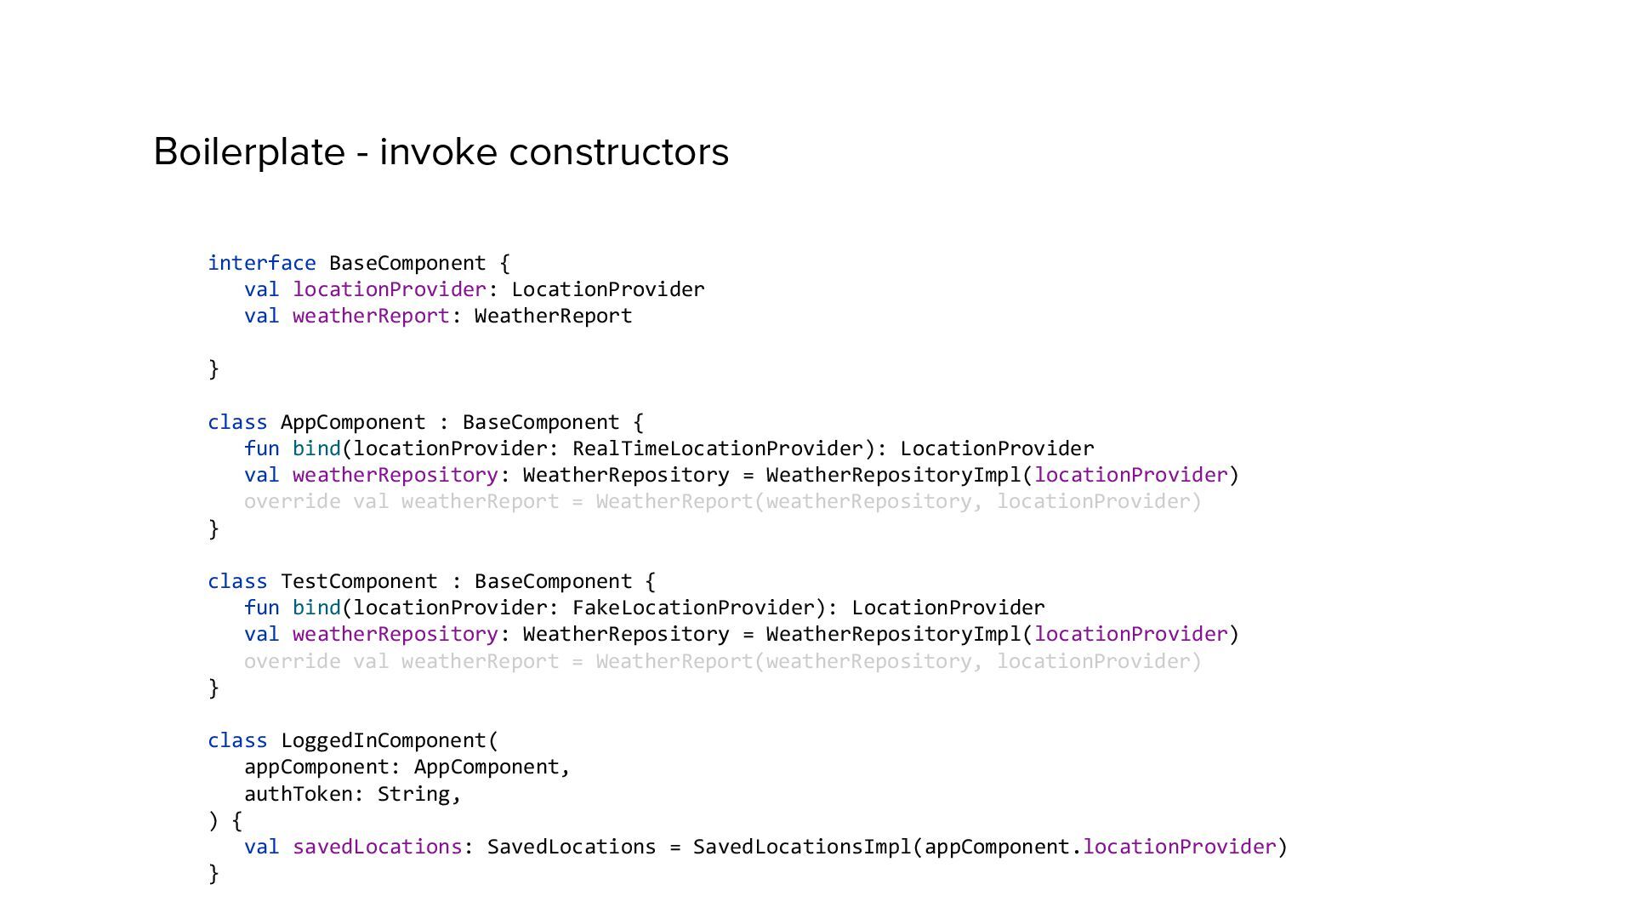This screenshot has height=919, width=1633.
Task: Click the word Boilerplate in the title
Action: pyautogui.click(x=248, y=152)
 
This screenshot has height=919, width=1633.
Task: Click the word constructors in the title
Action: pyautogui.click(x=618, y=152)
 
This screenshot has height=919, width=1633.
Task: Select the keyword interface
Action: pyautogui.click(x=262, y=263)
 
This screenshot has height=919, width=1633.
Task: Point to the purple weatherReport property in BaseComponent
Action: pyautogui.click(x=371, y=316)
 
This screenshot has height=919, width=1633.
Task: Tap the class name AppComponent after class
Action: pyautogui.click(x=353, y=422)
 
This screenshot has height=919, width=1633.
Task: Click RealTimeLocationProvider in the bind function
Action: pyautogui.click(x=718, y=448)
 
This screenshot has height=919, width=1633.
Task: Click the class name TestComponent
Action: pyautogui.click(x=359, y=581)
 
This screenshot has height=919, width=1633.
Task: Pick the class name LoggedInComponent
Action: pyautogui.click(x=384, y=740)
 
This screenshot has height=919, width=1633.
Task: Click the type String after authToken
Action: pyautogui.click(x=413, y=794)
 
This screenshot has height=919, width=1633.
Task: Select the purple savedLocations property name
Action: pyautogui.click(x=377, y=847)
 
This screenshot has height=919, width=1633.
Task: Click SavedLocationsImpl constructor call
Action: pyautogui.click(x=802, y=847)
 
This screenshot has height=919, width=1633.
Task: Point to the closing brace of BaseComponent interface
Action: pyautogui.click(x=213, y=368)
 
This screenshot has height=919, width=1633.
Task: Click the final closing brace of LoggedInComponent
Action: pyautogui.click(x=213, y=873)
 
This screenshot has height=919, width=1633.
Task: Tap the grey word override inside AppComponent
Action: pyautogui.click(x=292, y=501)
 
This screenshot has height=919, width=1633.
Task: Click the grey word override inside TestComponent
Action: pyautogui.click(x=292, y=661)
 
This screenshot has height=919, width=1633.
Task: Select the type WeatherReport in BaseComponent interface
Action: pyautogui.click(x=553, y=316)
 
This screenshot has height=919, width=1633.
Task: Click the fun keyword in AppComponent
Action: pyautogui.click(x=261, y=448)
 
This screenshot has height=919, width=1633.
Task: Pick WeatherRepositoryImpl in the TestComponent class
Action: pyautogui.click(x=893, y=634)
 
